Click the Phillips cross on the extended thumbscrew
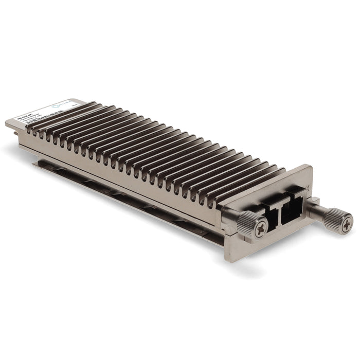tap(347, 223)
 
